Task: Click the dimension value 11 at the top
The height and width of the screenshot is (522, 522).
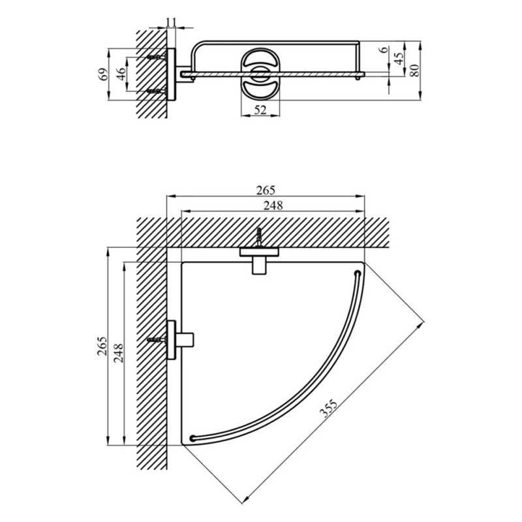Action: pyautogui.click(x=171, y=22)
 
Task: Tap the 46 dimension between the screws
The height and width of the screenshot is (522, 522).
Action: pyautogui.click(x=122, y=74)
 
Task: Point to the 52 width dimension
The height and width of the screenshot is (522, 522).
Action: pyautogui.click(x=260, y=110)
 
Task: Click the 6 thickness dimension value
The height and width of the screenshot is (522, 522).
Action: pyautogui.click(x=384, y=50)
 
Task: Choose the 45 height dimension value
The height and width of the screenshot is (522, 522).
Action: pyautogui.click(x=400, y=57)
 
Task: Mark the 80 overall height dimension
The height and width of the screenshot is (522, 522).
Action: pyautogui.click(x=415, y=70)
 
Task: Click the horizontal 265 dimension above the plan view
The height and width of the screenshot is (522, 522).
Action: pyautogui.click(x=266, y=191)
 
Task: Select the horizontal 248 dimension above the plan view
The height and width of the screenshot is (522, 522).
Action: pyautogui.click(x=273, y=206)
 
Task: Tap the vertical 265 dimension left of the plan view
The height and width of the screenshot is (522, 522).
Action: pyautogui.click(x=102, y=346)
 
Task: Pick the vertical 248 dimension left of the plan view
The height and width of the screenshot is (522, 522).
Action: pyautogui.click(x=119, y=353)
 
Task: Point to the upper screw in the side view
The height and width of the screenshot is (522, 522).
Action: pyautogui.click(x=157, y=57)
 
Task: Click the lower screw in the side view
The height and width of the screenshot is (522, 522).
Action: pyautogui.click(x=157, y=91)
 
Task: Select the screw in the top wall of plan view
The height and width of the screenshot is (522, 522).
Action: pyautogui.click(x=259, y=238)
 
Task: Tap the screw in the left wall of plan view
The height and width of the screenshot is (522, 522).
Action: pyautogui.click(x=157, y=340)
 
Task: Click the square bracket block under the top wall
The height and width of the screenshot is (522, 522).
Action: pyautogui.click(x=260, y=266)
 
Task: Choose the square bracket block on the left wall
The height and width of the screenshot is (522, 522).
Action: pyautogui.click(x=185, y=340)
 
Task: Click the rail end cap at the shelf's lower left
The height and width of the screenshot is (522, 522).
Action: pyautogui.click(x=192, y=437)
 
